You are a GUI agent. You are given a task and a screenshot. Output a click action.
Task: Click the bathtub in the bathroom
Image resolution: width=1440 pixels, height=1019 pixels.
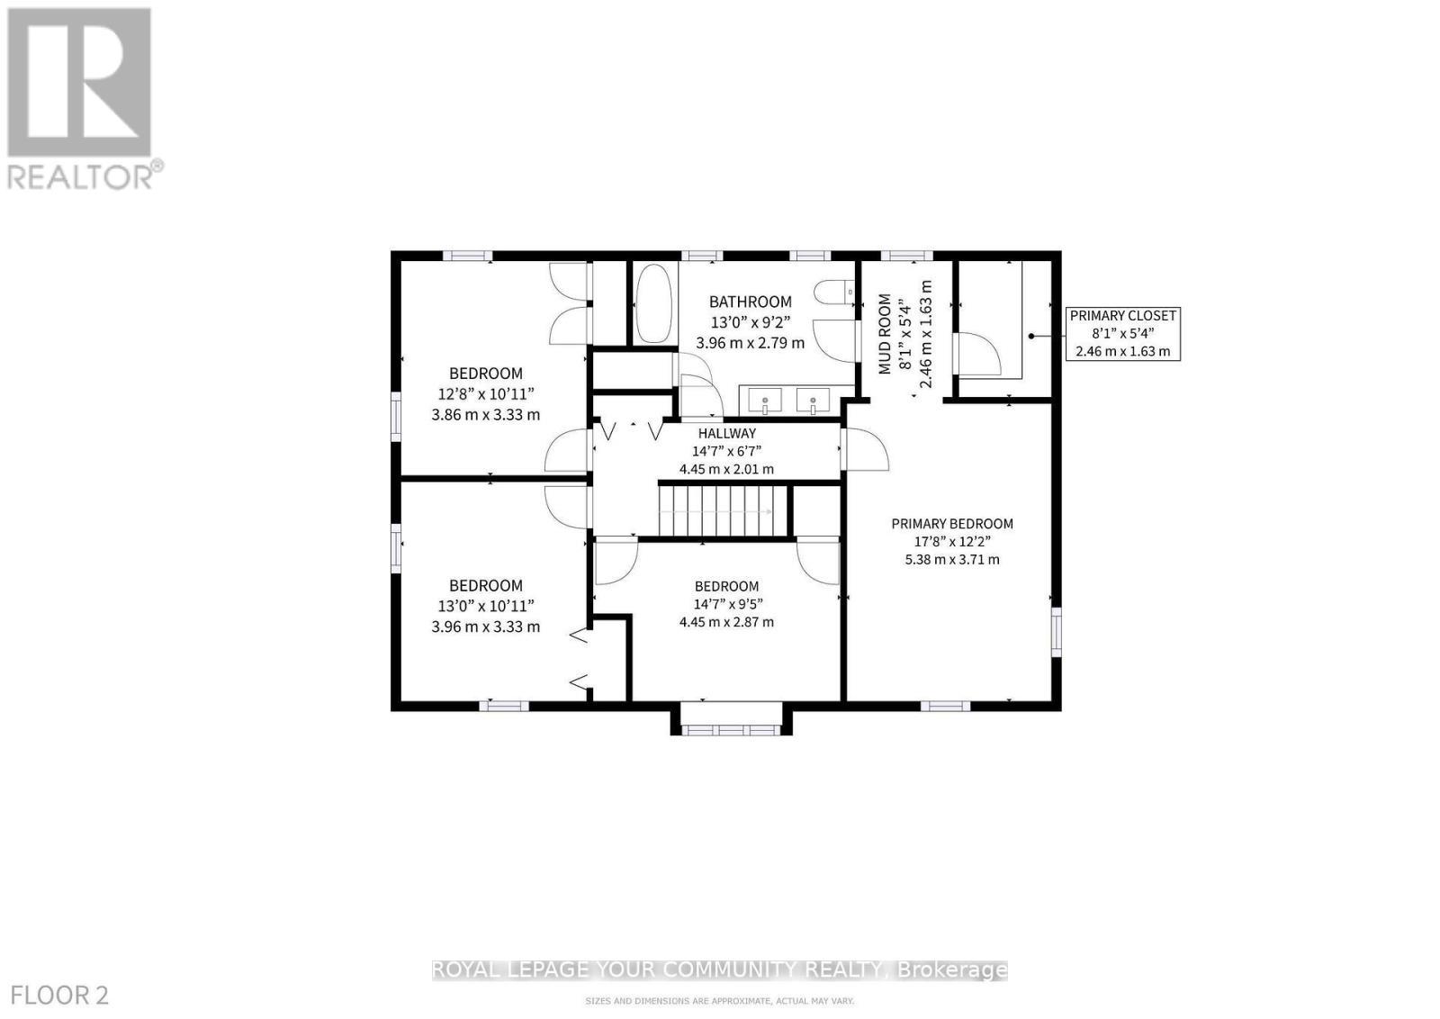point(653,304)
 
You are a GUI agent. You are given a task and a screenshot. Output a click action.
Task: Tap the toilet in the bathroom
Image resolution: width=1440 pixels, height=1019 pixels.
point(833,293)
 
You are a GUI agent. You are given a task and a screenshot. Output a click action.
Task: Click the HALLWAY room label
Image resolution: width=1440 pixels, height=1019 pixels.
point(726,434)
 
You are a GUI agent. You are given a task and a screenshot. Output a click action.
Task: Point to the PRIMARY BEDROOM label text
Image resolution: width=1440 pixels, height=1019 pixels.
point(951,524)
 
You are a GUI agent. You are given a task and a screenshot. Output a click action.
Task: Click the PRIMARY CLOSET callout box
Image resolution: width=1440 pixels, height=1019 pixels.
point(1122,333)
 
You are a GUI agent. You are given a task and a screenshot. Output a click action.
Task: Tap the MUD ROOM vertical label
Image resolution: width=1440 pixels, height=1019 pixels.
point(885,333)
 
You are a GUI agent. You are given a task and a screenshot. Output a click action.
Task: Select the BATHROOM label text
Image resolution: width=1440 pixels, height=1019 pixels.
point(750,302)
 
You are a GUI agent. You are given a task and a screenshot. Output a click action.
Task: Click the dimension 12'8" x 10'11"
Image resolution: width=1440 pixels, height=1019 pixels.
point(486,394)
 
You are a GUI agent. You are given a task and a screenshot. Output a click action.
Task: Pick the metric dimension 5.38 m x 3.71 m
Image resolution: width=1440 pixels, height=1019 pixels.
point(951,560)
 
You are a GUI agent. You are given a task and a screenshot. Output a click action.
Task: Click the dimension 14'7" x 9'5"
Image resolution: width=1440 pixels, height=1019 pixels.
point(726,604)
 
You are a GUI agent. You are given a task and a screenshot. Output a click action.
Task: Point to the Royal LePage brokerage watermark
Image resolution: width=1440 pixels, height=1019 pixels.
point(719,969)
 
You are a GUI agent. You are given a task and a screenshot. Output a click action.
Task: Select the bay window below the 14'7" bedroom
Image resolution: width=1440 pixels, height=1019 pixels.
point(730,729)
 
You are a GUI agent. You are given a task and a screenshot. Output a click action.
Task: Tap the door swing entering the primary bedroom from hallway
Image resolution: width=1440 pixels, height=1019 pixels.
point(865,450)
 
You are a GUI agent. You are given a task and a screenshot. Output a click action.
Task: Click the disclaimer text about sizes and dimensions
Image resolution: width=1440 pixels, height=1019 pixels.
point(719,1001)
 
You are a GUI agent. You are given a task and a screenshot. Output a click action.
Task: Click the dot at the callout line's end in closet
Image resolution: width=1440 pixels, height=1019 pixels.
point(1031,336)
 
